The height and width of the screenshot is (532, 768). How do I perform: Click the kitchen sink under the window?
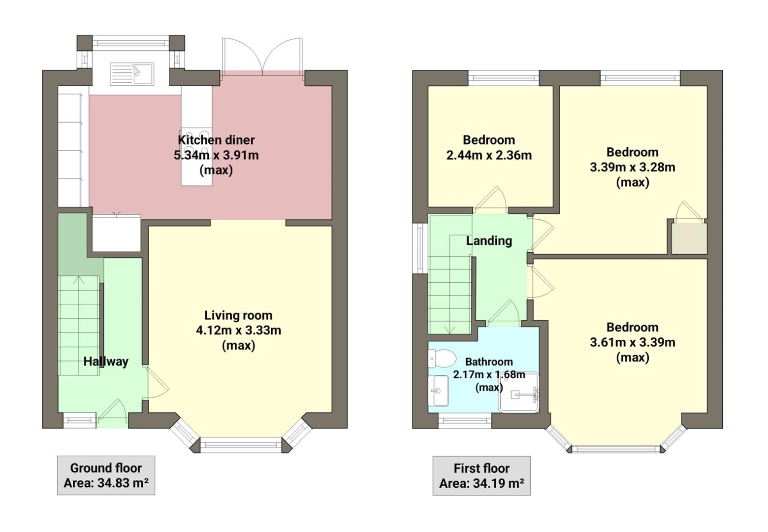(x=132, y=74)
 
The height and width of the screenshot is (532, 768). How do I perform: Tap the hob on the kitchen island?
(x=197, y=143)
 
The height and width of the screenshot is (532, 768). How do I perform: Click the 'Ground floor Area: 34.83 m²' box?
(x=106, y=475)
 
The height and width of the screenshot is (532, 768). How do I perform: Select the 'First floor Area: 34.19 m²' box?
(x=481, y=476)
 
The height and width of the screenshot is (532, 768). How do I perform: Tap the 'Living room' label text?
(x=238, y=315)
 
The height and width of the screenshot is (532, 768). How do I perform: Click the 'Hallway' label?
(x=105, y=362)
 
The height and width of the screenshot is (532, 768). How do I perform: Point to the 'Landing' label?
(x=489, y=241)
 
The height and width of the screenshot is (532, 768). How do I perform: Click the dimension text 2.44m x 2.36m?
(x=489, y=156)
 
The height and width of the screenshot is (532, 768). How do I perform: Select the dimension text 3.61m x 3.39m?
(x=632, y=342)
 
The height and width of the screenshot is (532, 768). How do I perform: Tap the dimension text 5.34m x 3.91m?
(x=216, y=155)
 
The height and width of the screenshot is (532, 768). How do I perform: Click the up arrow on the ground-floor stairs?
(x=78, y=281)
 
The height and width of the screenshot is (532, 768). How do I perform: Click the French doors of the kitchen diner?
(x=262, y=57)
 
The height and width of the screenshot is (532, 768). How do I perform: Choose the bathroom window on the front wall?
(x=464, y=421)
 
